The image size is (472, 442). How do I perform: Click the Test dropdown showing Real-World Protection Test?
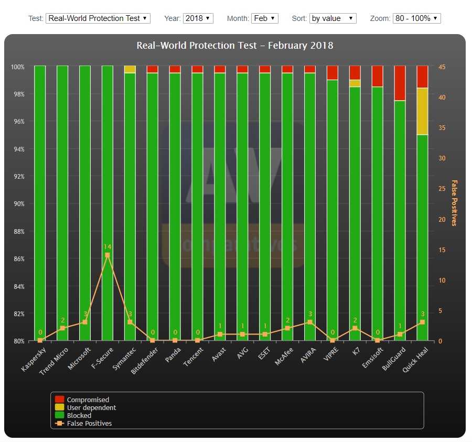pos(98,18)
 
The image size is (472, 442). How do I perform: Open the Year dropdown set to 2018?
pos(198,18)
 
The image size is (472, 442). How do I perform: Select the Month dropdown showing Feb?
pos(265,18)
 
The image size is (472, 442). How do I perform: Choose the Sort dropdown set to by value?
pos(332,18)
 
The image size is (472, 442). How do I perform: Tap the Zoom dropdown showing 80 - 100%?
pos(416,18)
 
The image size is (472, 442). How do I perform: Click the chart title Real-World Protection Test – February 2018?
pos(235,46)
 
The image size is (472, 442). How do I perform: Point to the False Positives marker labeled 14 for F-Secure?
pos(108,255)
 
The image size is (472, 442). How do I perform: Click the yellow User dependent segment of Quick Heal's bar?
pos(422,111)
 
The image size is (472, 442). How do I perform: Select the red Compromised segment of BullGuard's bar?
pos(400,83)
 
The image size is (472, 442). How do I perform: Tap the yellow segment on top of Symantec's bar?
pos(130,69)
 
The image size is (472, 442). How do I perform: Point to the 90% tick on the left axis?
pos(18,204)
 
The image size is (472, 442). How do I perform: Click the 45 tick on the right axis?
pos(442,67)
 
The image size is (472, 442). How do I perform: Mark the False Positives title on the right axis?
pos(454,203)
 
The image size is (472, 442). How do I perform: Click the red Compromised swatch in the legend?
pos(59,400)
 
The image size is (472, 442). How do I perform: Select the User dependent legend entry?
pos(91,407)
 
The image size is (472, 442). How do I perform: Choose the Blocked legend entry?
pos(79,415)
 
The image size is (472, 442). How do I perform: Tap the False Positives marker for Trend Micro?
pos(62,328)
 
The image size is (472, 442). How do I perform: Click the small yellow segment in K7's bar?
pos(355,83)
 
